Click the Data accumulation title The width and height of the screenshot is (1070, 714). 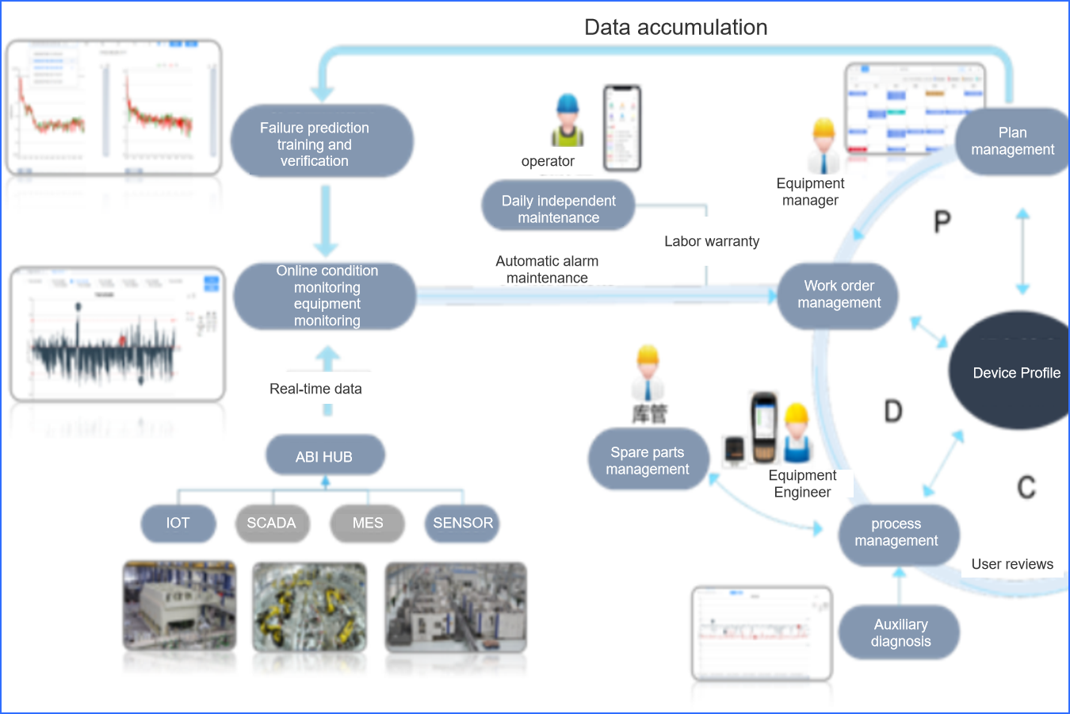675,28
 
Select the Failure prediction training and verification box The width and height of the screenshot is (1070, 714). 321,142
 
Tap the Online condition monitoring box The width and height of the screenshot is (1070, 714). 325,296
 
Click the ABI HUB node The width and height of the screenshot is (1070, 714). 325,456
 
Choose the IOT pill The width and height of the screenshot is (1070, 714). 178,524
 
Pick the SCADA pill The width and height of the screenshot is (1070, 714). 272,524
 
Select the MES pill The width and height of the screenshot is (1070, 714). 367,524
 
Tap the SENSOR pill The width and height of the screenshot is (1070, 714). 462,524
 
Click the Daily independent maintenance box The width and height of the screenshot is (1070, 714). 558,208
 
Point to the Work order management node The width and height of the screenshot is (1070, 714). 839,295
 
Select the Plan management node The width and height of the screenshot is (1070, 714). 1012,141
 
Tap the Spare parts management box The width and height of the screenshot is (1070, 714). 648,460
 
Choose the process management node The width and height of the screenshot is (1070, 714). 897,533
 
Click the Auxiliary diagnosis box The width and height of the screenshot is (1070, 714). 900,632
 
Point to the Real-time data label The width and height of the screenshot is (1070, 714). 315,389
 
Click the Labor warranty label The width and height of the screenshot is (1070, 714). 712,241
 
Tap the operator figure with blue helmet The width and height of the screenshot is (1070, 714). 567,121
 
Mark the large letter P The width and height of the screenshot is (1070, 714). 942,221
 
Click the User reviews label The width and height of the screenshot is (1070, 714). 1012,564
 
